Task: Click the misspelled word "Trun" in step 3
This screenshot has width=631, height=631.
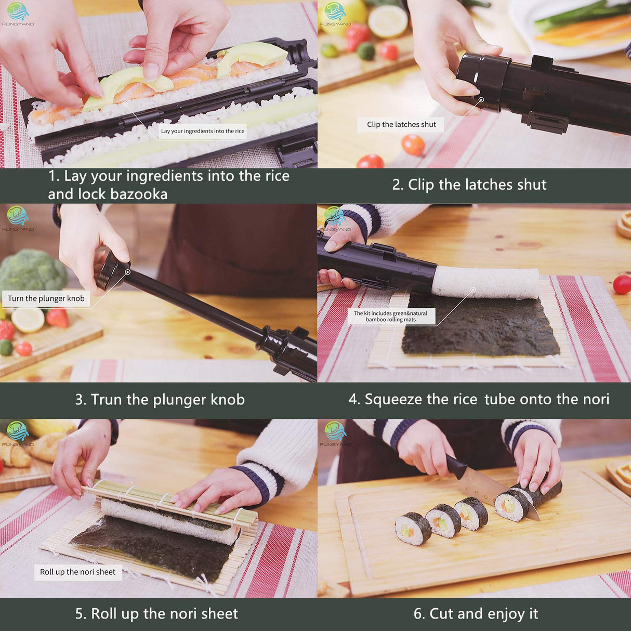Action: (107, 400)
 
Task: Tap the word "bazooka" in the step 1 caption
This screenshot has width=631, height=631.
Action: (138, 194)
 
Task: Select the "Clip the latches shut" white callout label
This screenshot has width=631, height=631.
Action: (401, 125)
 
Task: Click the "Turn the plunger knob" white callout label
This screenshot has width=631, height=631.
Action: (46, 298)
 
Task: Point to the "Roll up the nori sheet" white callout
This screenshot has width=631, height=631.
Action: (78, 572)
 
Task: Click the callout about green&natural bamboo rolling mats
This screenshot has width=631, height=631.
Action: (390, 317)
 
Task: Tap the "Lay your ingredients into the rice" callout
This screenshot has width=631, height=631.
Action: (202, 131)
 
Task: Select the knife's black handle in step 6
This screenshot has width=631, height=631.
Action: (456, 466)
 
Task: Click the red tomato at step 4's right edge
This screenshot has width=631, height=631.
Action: (622, 284)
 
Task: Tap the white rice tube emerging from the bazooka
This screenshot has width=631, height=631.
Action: (486, 282)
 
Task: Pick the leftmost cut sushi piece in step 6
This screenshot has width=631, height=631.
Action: (413, 529)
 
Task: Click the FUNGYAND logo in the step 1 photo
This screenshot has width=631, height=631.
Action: (18, 14)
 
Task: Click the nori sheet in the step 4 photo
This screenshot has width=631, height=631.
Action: (481, 327)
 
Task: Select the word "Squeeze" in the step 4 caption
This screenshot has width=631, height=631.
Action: (393, 400)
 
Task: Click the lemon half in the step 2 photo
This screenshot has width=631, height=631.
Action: (388, 21)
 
